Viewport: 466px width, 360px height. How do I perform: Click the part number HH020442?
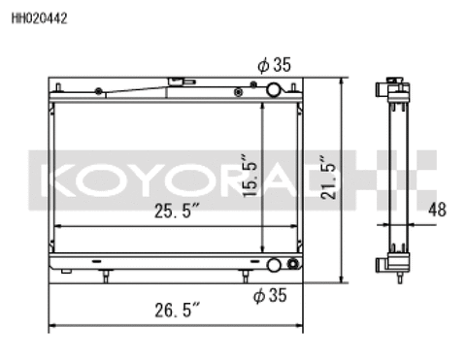pos(40,16)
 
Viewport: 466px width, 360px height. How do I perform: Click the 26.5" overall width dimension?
pos(178,311)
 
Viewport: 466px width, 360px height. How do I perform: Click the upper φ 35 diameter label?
pos(275,65)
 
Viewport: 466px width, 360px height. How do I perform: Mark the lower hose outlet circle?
pos(276,265)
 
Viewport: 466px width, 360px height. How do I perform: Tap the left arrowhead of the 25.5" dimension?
pos(58,226)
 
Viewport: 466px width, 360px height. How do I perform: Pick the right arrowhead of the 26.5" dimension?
pos(303,325)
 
